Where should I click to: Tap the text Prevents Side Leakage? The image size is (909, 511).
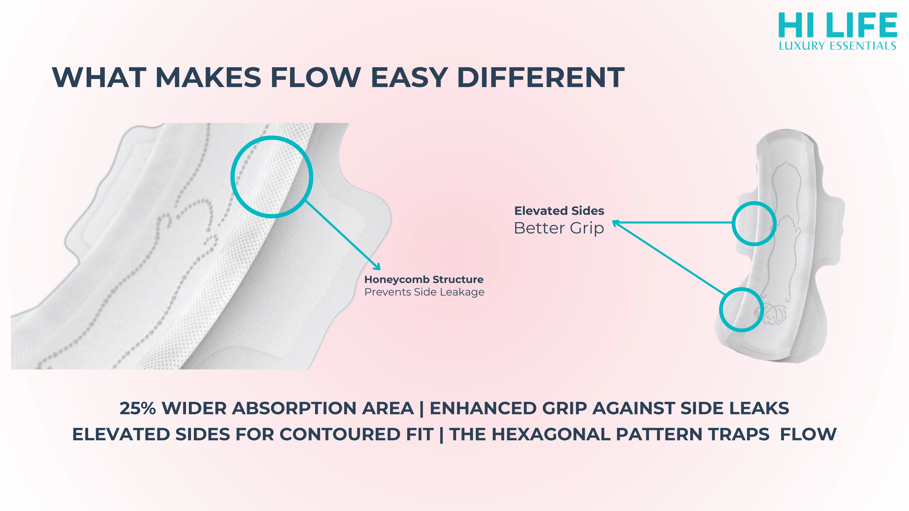(424, 292)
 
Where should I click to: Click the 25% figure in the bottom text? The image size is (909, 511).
(138, 408)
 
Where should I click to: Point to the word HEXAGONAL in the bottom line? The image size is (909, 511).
(551, 434)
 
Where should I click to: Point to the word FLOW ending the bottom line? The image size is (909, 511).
(808, 434)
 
